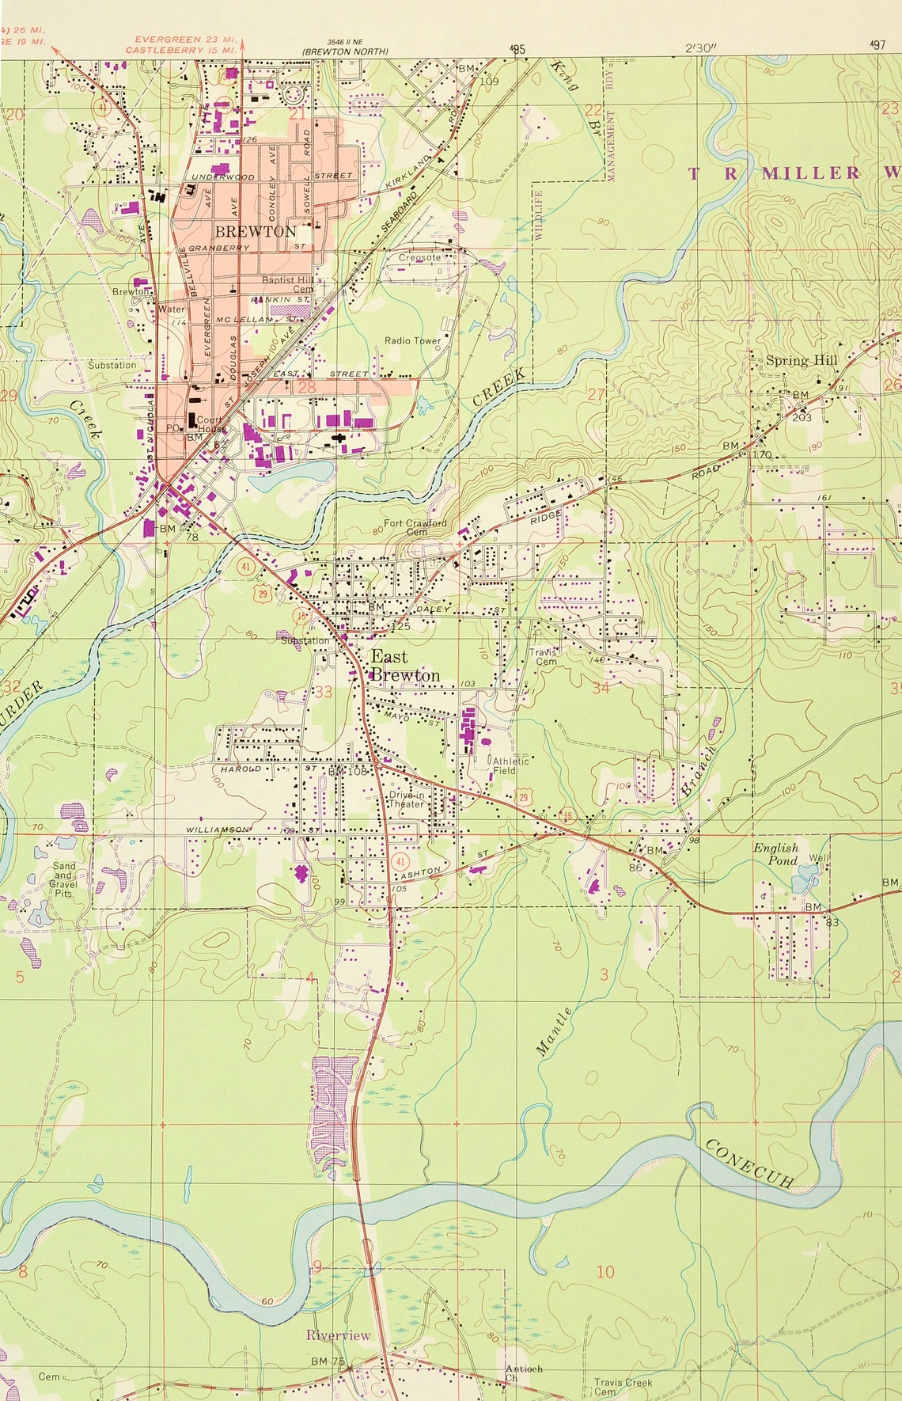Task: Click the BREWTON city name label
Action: point(256,231)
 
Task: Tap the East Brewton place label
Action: point(404,666)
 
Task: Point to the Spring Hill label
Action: point(801,361)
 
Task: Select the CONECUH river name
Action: point(749,1164)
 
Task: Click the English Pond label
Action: point(775,854)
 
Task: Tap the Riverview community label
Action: point(338,1335)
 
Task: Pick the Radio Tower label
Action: point(412,340)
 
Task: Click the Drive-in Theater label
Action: point(407,799)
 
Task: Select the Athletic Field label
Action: point(510,765)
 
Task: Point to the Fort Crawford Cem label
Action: point(415,527)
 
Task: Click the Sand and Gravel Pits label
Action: point(63,879)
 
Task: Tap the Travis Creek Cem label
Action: point(623,1387)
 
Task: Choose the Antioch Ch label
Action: point(524,1373)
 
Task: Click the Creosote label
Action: point(419,257)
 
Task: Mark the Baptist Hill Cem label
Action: point(287,284)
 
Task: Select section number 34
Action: point(601,687)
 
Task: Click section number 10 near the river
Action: point(605,1272)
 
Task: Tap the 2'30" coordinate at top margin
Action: point(701,48)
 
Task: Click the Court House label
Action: point(210,424)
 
